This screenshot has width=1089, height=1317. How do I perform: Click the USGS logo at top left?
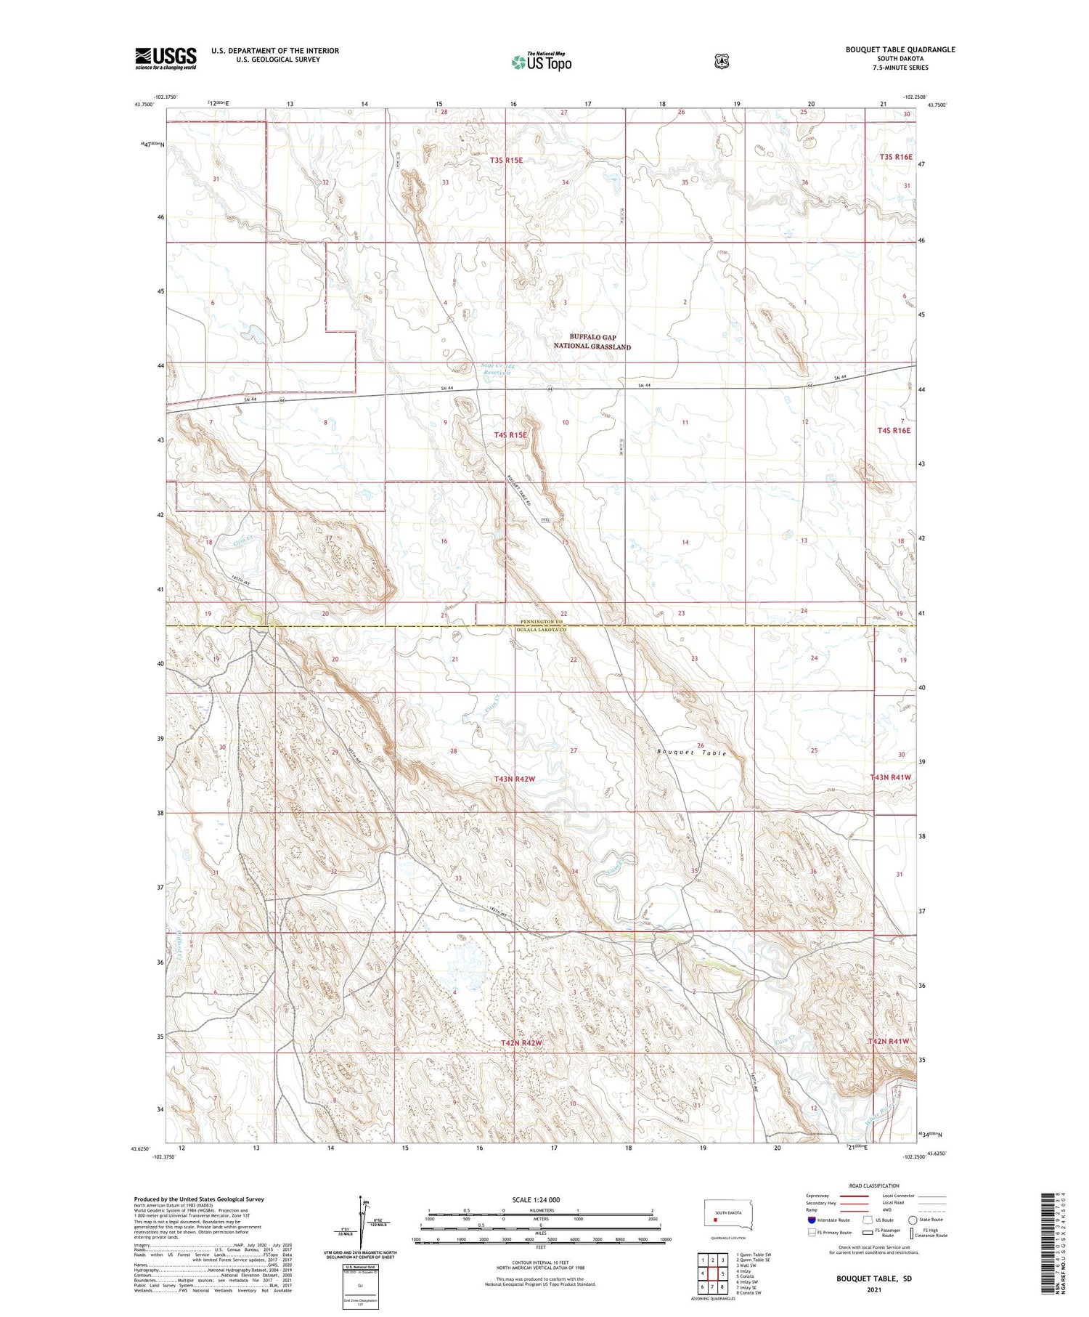166,58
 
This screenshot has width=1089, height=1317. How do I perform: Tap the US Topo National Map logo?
541,62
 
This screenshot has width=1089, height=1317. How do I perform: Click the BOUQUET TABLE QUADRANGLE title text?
900,49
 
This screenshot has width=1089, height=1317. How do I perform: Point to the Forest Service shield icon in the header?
720,61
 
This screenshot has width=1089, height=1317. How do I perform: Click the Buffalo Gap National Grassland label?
592,341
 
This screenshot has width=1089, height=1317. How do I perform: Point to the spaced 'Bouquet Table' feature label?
691,753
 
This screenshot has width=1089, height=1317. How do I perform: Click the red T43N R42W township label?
514,779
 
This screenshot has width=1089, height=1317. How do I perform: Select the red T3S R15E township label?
506,160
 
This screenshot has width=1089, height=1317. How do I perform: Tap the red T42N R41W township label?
889,1041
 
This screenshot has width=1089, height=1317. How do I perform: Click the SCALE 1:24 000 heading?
536,1199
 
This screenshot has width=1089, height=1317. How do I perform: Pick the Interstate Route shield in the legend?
811,1220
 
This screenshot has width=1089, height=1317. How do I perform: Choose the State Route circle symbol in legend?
913,1220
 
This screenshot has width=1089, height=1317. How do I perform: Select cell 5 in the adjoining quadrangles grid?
723,1273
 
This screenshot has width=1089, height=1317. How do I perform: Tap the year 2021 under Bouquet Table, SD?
873,1290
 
